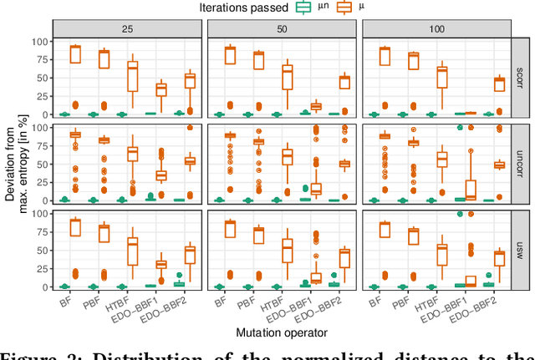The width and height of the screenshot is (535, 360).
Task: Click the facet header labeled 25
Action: click(127, 28)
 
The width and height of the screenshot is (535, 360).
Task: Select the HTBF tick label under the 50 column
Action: click(274, 305)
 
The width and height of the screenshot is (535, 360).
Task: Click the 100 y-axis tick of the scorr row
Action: click(38, 42)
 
